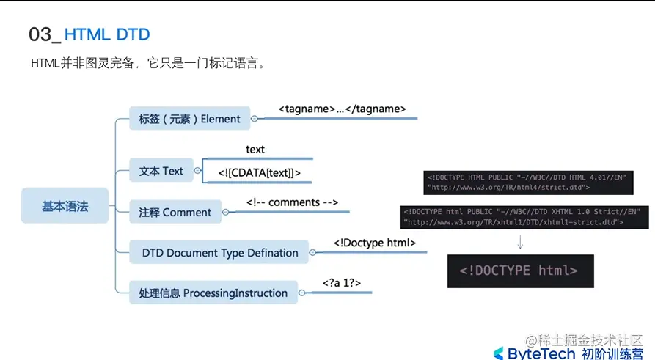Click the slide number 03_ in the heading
44,34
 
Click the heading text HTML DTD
107,34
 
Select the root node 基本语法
65,207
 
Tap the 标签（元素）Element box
189,119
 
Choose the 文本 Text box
161,171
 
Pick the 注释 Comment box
175,213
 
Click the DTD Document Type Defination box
219,253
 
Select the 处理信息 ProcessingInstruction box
213,293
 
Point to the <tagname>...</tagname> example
342,109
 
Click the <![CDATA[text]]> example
259,172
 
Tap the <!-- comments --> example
292,202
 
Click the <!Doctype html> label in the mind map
375,243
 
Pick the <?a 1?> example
341,282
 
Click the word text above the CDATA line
255,150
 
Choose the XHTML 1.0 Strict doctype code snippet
524,216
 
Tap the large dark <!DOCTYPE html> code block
519,271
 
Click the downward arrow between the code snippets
520,242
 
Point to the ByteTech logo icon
499,354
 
